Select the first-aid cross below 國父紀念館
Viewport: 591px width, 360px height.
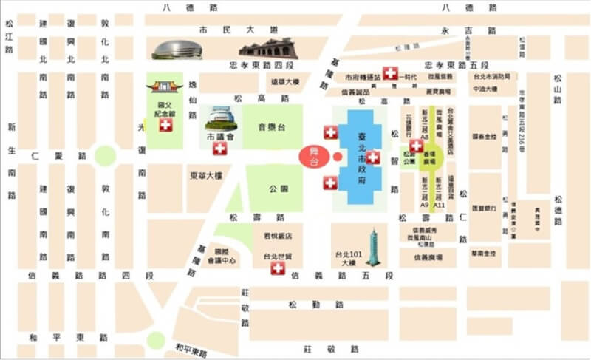pyautogui.click(x=165, y=126)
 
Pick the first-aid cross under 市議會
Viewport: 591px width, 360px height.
pyautogui.click(x=219, y=149)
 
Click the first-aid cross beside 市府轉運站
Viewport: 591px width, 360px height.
pyautogui.click(x=390, y=77)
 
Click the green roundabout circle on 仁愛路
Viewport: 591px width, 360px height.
pyautogui.click(x=105, y=156)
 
